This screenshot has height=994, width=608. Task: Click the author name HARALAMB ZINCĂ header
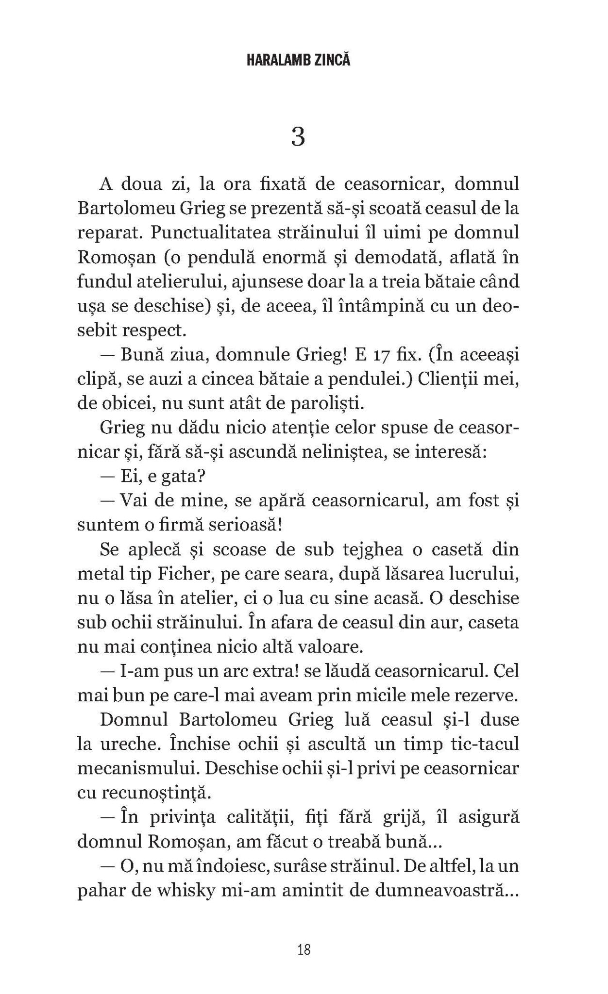tap(298, 61)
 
